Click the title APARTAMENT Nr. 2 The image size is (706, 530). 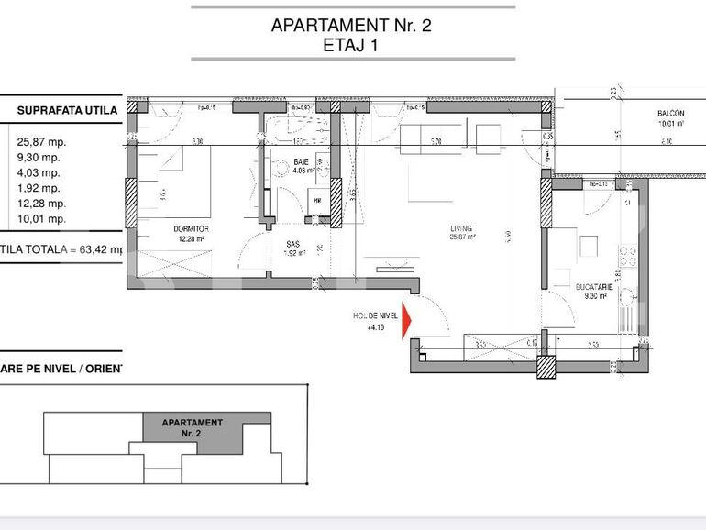coord(351,26)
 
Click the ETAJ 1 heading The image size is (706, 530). coord(351,46)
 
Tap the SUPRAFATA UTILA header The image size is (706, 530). coord(67,111)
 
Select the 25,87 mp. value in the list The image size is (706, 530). coord(41,142)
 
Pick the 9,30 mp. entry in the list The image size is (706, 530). coord(39,158)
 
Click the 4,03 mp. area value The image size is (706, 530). coord(39,172)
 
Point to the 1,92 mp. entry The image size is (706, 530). coord(39,188)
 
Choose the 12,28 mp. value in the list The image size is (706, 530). coord(41,204)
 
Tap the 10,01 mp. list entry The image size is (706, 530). coord(41,218)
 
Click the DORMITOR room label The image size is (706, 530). coord(191,228)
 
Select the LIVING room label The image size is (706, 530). coord(460,228)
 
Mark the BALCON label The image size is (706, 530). coord(670,113)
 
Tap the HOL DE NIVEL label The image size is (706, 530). coord(376,315)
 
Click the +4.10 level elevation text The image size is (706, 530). coord(376,326)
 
